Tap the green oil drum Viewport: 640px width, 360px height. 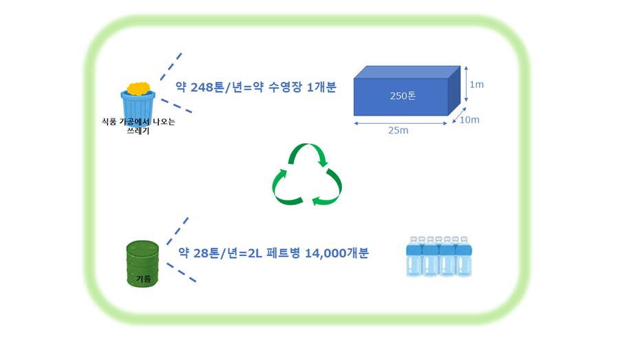pyautogui.click(x=142, y=264)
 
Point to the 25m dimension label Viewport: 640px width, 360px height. pyautogui.click(x=398, y=131)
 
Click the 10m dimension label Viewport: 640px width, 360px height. pyautogui.click(x=469, y=120)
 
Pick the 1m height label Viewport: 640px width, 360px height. pyautogui.click(x=476, y=85)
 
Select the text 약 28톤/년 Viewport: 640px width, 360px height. pyautogui.click(x=206, y=253)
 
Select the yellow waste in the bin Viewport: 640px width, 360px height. pyautogui.click(x=139, y=89)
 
